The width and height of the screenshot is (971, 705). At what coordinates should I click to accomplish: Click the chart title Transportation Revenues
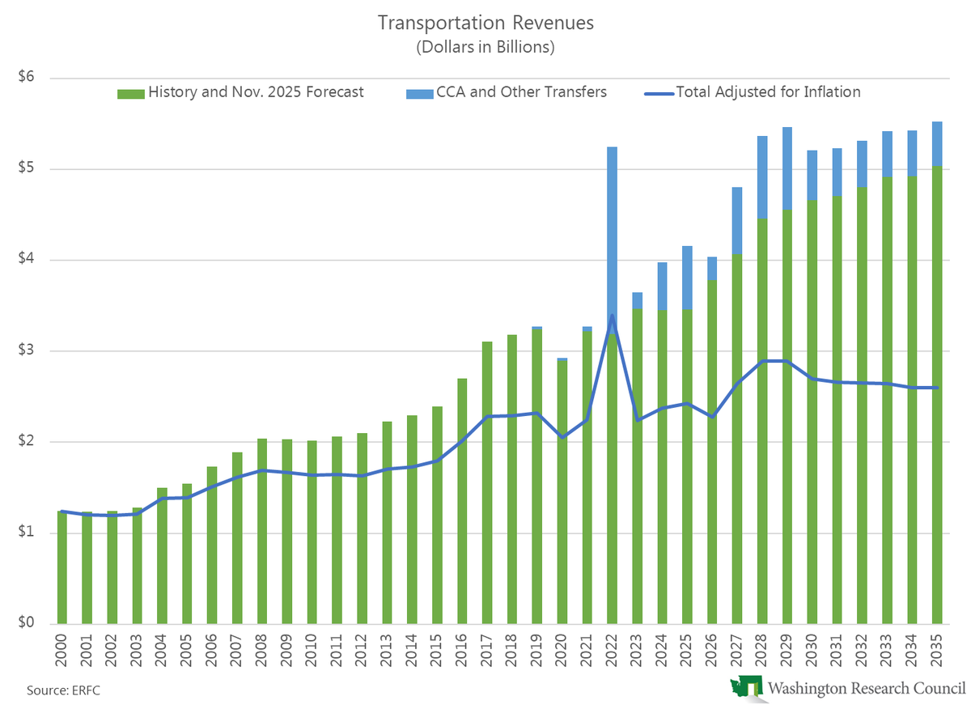pos(485,23)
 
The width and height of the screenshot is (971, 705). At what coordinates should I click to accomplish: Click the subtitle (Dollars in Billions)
pos(485,47)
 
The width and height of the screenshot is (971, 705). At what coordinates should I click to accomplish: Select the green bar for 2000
pos(62,567)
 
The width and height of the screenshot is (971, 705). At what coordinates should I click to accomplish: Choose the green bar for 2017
pos(487,486)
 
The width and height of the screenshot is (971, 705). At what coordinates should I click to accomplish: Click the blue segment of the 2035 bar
pos(936,144)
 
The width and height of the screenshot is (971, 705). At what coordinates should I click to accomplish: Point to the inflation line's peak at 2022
pos(612,316)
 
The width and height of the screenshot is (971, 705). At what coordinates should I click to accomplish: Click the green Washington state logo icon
pos(745,687)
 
